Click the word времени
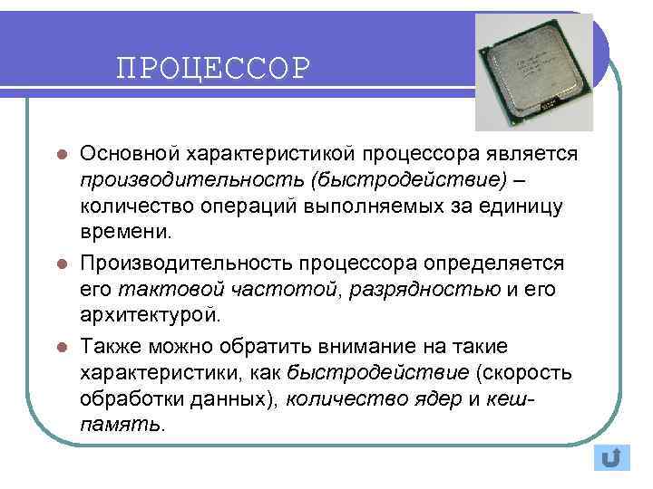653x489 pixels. pyautogui.click(x=125, y=234)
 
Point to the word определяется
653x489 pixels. pyautogui.click(x=490, y=263)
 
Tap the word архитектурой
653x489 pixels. pyautogui.click(x=149, y=316)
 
